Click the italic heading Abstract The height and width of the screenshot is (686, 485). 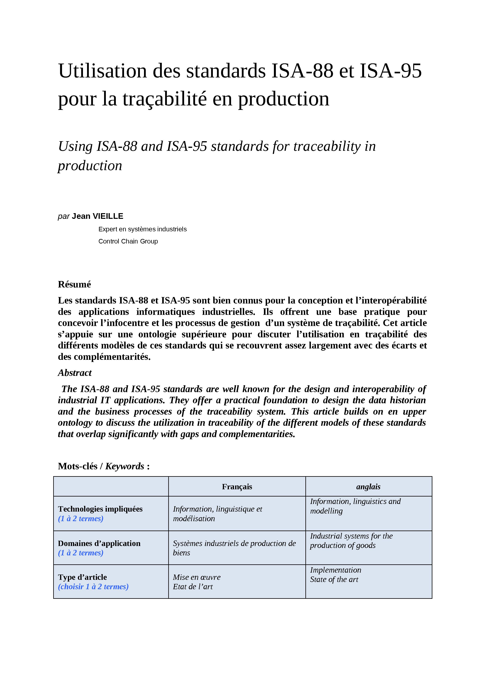(75, 373)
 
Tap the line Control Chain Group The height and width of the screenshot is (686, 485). (128, 242)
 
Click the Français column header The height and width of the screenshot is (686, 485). (237, 487)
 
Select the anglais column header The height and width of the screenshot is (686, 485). (368, 487)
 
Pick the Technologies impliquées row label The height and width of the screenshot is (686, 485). (100, 509)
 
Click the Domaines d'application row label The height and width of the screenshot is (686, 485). (99, 543)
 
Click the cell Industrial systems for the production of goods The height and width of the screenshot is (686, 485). (351, 541)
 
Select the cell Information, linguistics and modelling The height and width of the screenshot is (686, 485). (355, 506)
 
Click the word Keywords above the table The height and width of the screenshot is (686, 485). (125, 466)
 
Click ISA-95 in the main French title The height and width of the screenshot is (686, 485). (391, 71)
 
